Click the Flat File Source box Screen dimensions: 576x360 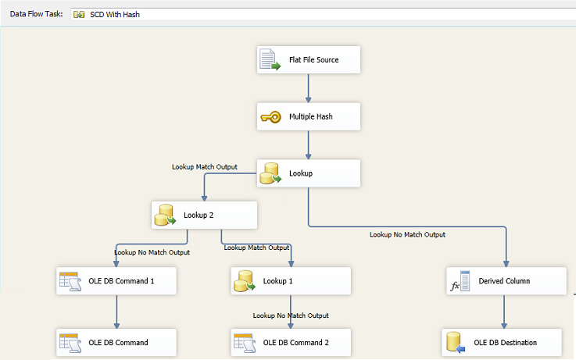coord(309,60)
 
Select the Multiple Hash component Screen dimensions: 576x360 coord(309,116)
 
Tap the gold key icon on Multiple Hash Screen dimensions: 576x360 coord(270,117)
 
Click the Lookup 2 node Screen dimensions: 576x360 coord(204,215)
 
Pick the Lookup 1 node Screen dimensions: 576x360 coord(291,281)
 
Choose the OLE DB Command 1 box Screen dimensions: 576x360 coord(116,281)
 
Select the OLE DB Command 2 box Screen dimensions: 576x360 coord(291,342)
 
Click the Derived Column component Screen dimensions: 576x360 coord(506,281)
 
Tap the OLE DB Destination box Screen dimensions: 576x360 coord(502,342)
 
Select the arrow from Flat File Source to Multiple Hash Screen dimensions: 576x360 coord(308,88)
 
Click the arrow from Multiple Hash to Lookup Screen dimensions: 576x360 coord(308,145)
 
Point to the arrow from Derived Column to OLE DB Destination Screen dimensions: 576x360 coord(504,312)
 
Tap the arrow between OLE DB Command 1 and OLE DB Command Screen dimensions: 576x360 coord(116,312)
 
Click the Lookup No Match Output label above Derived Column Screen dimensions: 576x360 coord(407,234)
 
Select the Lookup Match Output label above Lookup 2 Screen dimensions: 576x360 coord(205,167)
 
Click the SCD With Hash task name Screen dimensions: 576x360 coord(115,14)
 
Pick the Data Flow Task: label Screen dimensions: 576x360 coord(37,14)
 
